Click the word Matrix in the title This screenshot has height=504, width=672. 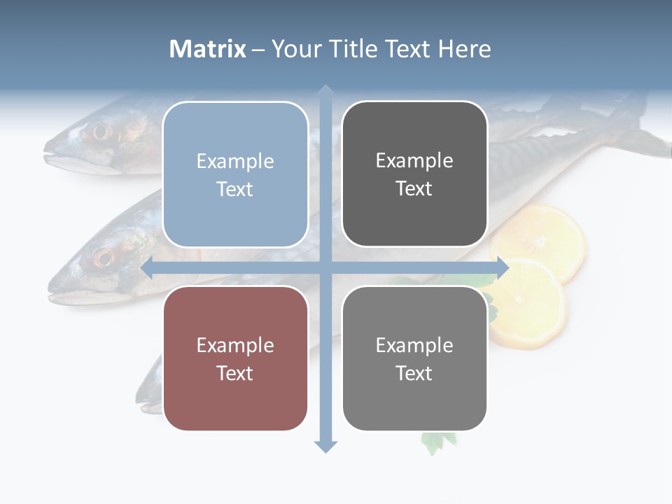pos(208,49)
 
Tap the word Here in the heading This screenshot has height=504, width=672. pos(465,49)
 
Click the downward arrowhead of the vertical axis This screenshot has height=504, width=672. pos(325,446)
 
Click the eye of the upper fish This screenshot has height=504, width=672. pos(101,131)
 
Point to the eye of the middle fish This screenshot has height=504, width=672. pos(104,258)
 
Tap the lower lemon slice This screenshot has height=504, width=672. pos(529,308)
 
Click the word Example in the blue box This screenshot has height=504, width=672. pos(235,162)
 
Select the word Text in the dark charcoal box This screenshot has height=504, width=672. pos(414,189)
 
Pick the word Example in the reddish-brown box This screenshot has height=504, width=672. pos(235,346)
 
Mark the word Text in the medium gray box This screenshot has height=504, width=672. pos(414,373)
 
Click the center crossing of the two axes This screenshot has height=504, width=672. pos(325,267)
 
